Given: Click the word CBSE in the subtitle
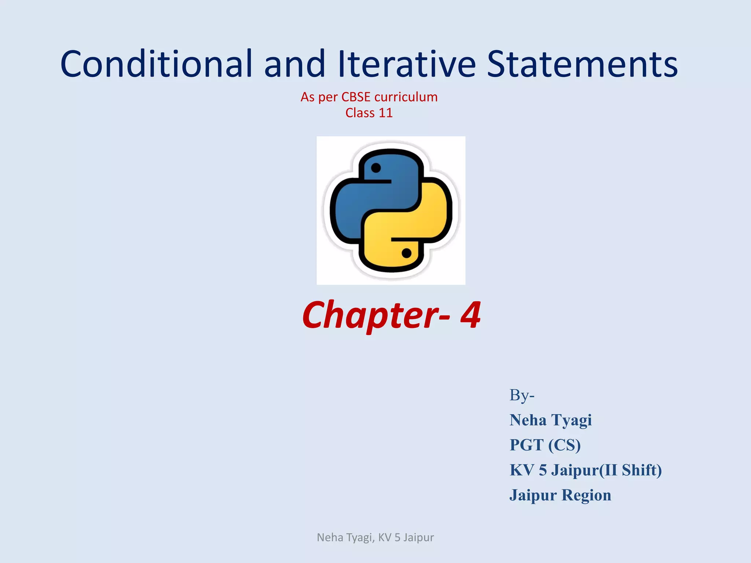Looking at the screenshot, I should [356, 97].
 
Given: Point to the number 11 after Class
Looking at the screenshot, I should [385, 113].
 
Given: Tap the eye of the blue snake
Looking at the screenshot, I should [376, 168].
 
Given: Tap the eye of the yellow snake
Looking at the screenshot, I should [406, 253].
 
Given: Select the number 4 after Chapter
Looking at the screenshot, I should [470, 314].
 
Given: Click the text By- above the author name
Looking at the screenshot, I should [522, 395].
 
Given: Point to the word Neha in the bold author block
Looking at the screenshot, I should [528, 420].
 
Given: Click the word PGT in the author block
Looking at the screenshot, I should [527, 445].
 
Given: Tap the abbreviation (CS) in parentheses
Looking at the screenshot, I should [565, 445].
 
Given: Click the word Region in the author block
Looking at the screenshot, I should [586, 495].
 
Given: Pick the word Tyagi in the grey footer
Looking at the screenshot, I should [359, 537].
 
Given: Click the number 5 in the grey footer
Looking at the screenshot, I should [397, 537].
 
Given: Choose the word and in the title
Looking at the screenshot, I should [295, 64].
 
